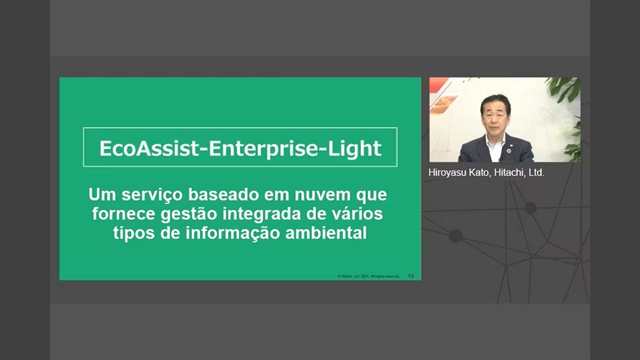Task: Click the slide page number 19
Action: [410, 276]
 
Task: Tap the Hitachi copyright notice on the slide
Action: [369, 276]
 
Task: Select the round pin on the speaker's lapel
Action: [513, 143]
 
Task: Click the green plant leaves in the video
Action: [566, 91]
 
